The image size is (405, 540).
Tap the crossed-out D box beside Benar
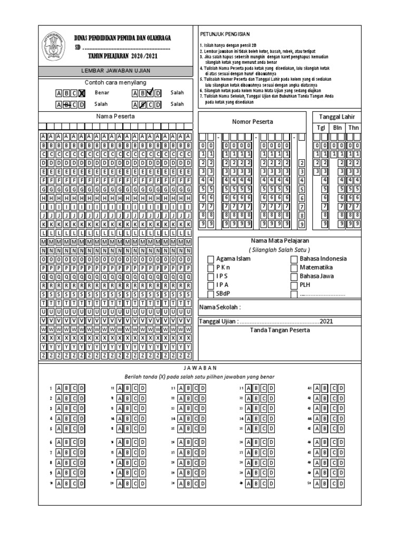pyautogui.click(x=82, y=93)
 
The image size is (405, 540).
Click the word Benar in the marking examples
pyautogui.click(x=102, y=93)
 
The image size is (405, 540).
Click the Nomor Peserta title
pyautogui.click(x=252, y=122)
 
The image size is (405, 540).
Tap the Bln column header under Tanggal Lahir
pyautogui.click(x=337, y=128)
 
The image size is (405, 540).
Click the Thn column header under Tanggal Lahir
pyautogui.click(x=353, y=128)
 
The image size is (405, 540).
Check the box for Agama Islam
pyautogui.click(x=211, y=259)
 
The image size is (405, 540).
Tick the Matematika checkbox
pyautogui.click(x=295, y=267)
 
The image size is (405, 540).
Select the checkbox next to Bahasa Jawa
pyautogui.click(x=295, y=276)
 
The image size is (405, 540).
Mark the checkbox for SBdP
pyautogui.click(x=211, y=294)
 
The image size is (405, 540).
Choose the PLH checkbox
pyautogui.click(x=295, y=285)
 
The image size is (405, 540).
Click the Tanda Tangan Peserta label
pyautogui.click(x=279, y=330)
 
